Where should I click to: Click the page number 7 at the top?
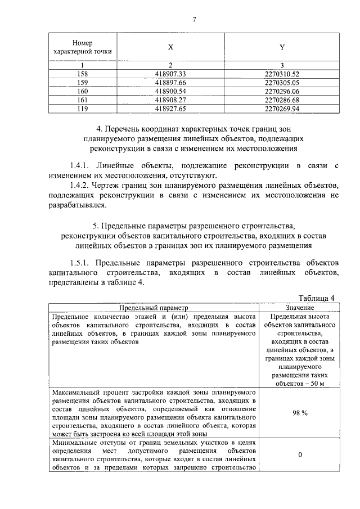[194, 20]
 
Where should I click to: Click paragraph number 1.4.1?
[81, 166]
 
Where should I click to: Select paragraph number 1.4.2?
[81, 186]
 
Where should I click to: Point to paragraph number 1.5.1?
[81, 263]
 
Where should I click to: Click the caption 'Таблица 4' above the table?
[317, 298]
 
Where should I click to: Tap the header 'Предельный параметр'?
[153, 308]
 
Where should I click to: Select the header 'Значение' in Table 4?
[299, 308]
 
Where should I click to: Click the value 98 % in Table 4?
[299, 413]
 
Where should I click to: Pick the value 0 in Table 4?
[299, 455]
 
